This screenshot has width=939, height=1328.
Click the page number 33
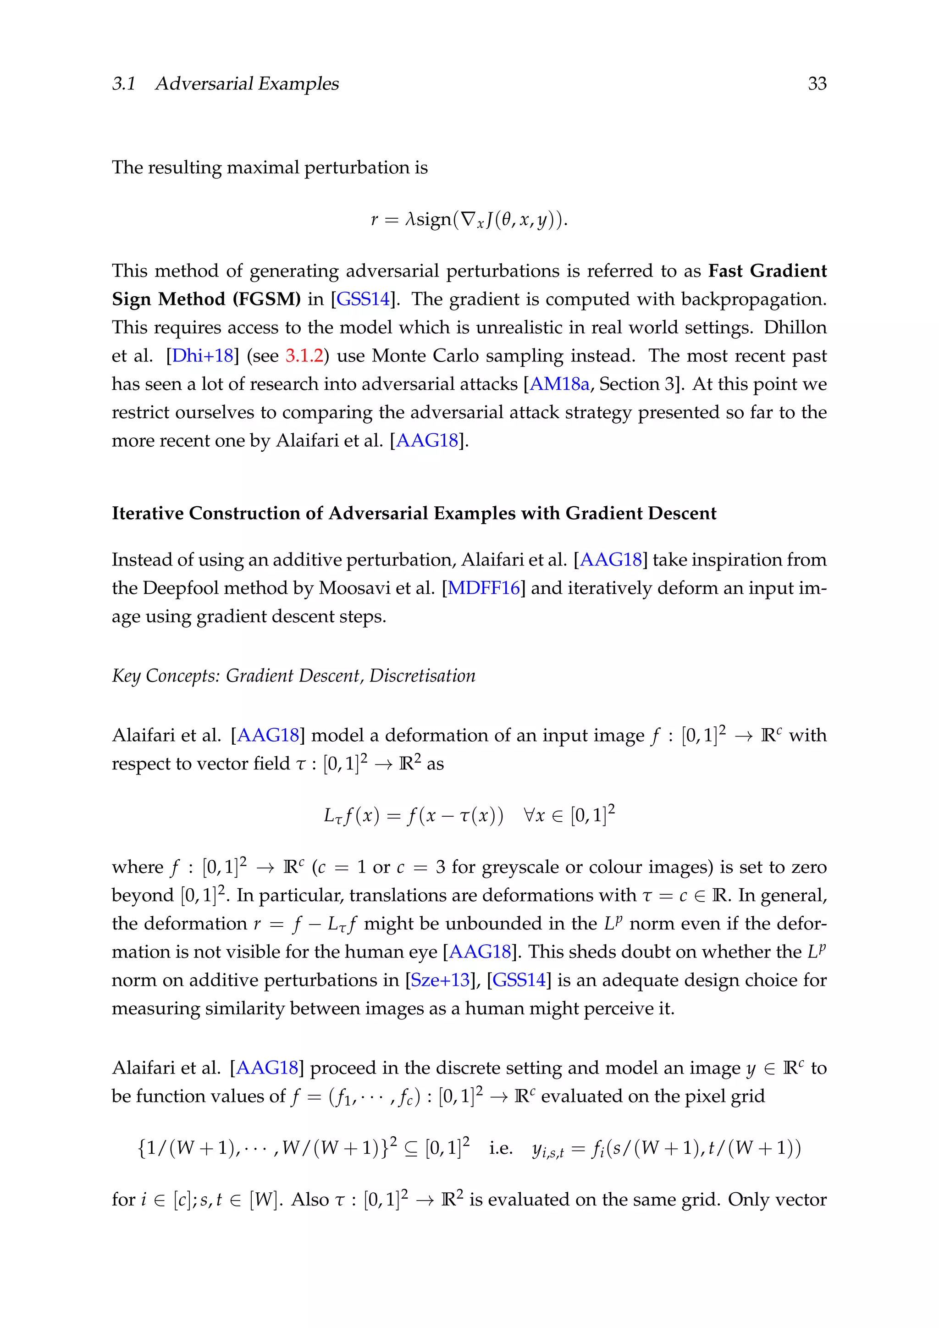(x=817, y=84)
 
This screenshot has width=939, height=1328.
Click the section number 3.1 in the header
(x=124, y=84)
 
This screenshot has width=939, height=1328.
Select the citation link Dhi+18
(x=202, y=356)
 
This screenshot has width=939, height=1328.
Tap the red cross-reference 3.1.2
(x=304, y=356)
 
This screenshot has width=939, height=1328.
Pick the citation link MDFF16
(x=484, y=588)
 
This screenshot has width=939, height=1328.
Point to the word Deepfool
(x=180, y=588)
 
